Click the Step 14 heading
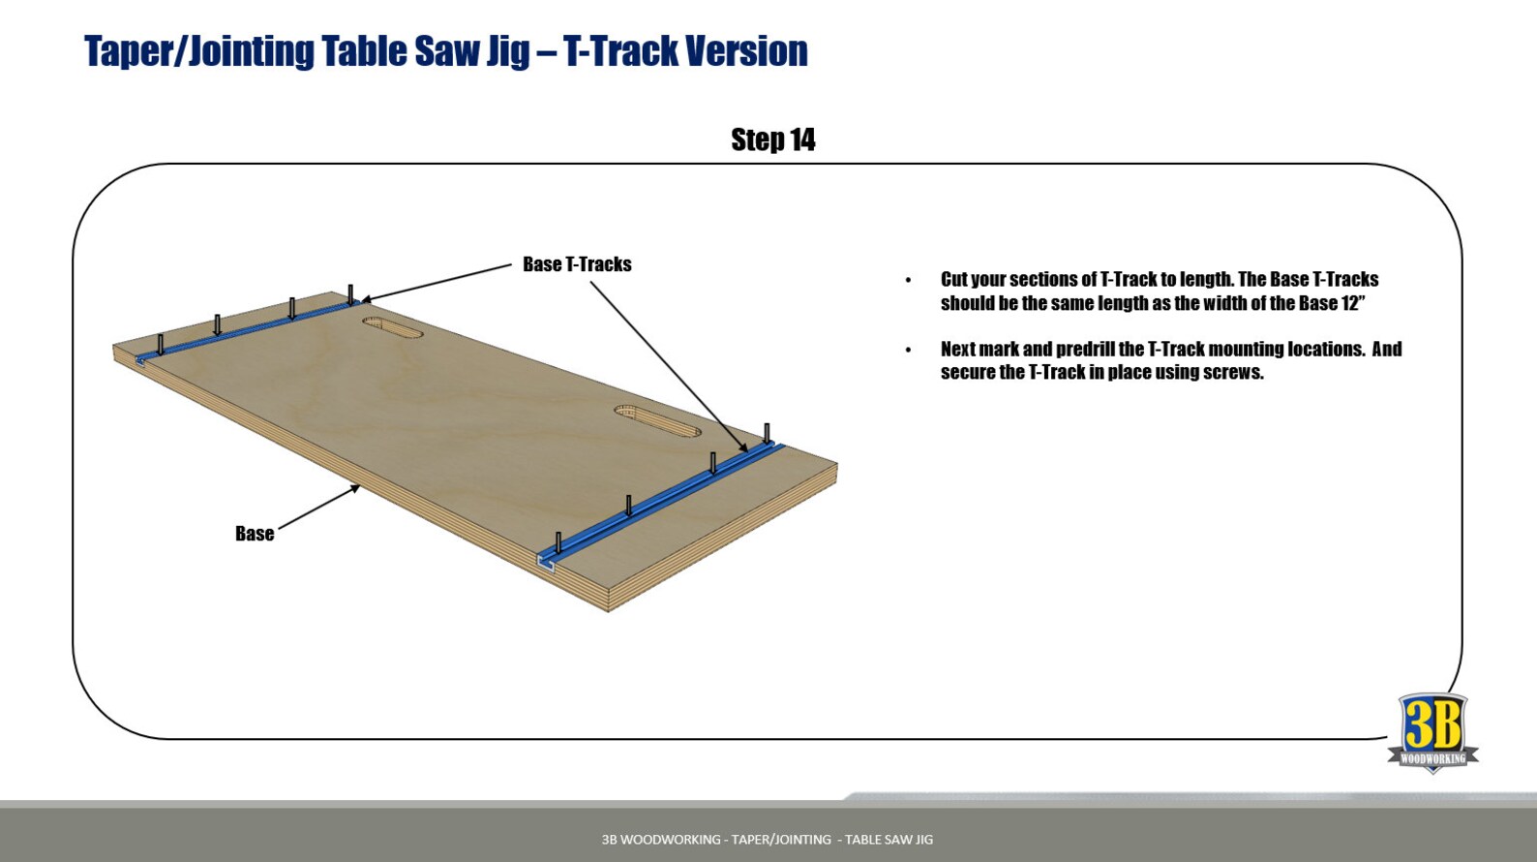tap(772, 140)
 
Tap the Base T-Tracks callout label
tap(577, 264)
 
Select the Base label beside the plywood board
tap(255, 534)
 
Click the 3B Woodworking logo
tap(1432, 732)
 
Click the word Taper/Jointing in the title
tap(198, 51)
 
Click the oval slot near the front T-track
tap(657, 420)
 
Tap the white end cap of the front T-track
tap(546, 563)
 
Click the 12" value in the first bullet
tap(1352, 303)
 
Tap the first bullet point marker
tap(908, 280)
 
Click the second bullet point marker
tap(908, 350)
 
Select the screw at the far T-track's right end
tap(350, 294)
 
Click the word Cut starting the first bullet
tap(953, 280)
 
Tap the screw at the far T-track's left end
tap(161, 344)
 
